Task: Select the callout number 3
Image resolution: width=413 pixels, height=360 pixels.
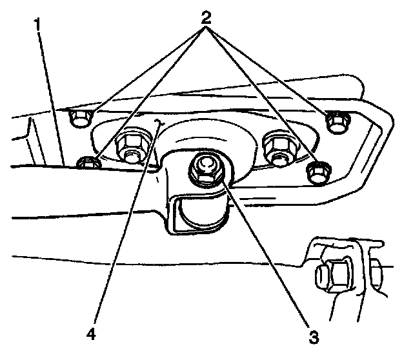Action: pos(313,335)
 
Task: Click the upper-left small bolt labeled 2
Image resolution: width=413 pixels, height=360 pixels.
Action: pos(80,118)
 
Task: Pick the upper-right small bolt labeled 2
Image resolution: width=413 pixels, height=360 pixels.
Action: pos(336,121)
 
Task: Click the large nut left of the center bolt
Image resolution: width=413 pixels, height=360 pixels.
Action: pos(132,148)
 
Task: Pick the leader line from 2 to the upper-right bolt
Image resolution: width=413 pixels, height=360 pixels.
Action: pos(271,71)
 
